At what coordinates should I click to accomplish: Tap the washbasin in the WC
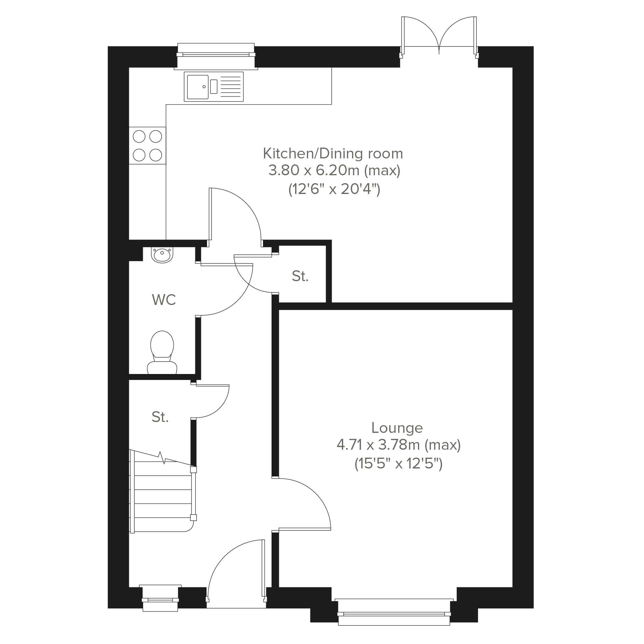[162, 255]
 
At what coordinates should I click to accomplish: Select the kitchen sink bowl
[198, 87]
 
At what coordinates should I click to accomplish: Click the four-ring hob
[147, 146]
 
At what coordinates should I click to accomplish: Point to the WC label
[164, 300]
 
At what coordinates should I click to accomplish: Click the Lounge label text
[397, 428]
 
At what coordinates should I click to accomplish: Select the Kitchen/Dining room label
[333, 153]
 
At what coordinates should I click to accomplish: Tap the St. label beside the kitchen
[300, 276]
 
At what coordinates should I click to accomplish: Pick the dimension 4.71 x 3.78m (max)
[399, 445]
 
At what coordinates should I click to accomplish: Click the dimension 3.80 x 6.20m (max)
[334, 170]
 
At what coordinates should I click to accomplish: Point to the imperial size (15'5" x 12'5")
[399, 463]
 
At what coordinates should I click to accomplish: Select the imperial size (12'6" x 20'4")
[334, 189]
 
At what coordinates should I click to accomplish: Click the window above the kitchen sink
[216, 56]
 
